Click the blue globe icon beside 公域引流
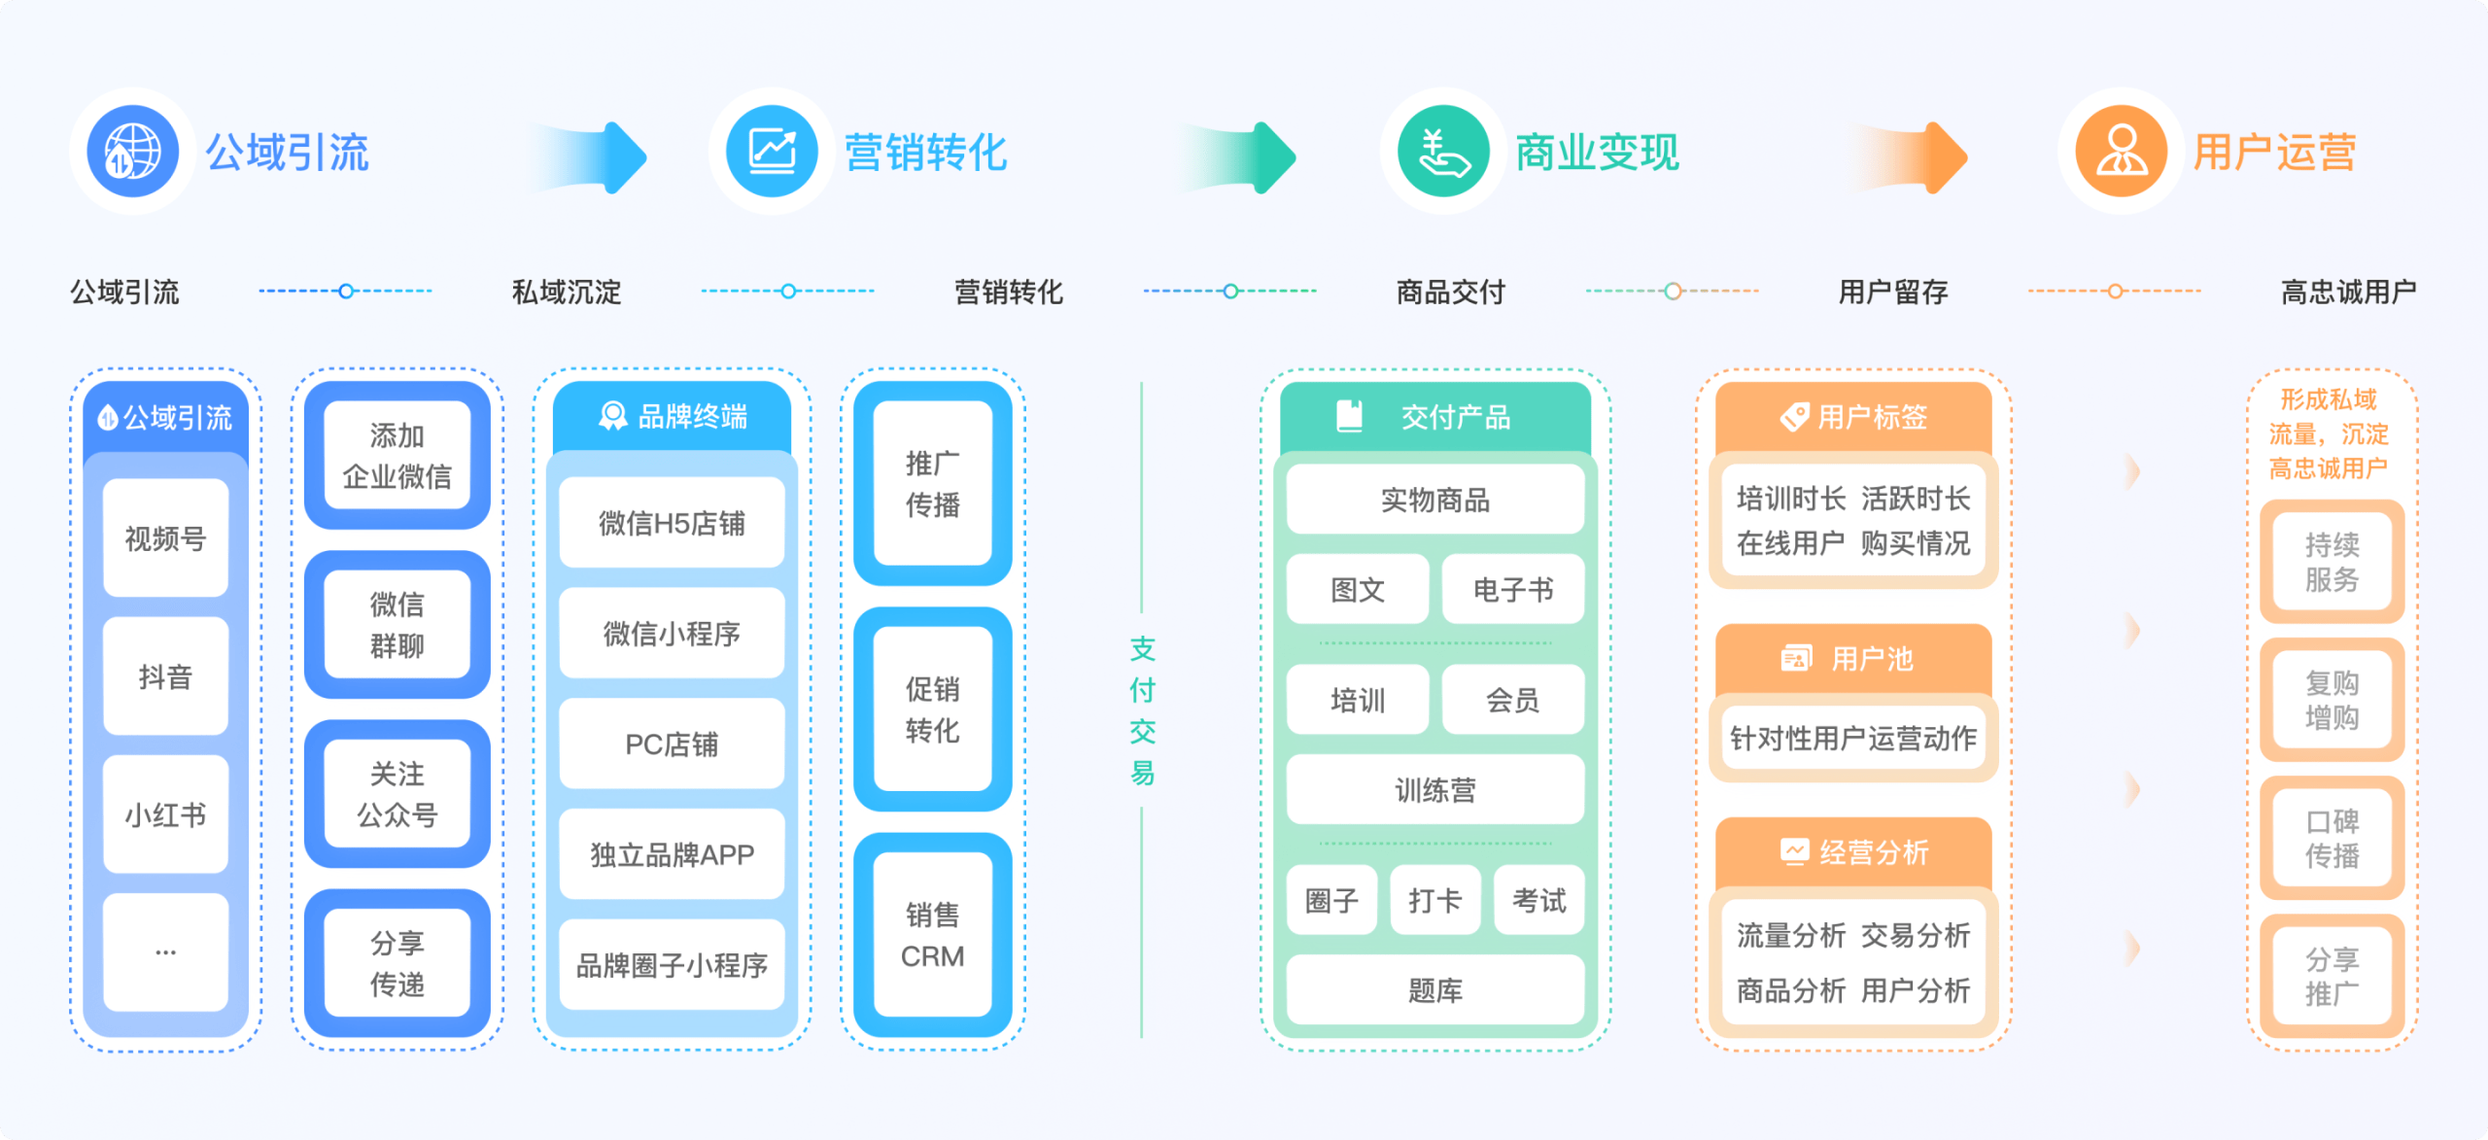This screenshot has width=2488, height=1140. click(132, 152)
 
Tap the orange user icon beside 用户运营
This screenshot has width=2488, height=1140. click(2121, 152)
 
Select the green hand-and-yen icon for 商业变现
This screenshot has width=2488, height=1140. click(1443, 152)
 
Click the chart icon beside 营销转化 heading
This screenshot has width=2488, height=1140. click(772, 152)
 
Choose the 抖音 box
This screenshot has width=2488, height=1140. click(165, 676)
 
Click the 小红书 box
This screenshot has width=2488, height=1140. click(165, 814)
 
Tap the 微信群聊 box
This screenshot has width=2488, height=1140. click(397, 624)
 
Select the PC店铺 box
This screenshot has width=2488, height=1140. click(672, 744)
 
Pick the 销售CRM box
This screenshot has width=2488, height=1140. click(932, 935)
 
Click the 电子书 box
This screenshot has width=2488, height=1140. click(1512, 589)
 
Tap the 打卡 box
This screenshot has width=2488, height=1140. click(1434, 900)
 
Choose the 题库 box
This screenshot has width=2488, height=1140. click(1434, 990)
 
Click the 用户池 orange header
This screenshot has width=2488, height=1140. click(1852, 659)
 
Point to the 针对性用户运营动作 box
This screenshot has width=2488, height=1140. click(1852, 739)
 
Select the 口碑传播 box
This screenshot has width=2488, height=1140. click(2332, 838)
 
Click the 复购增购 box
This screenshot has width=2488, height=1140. click(2332, 700)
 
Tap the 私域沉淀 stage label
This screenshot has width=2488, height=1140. click(567, 292)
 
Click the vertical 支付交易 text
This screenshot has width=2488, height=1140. click(1142, 710)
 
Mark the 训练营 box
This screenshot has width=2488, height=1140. click(1434, 790)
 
